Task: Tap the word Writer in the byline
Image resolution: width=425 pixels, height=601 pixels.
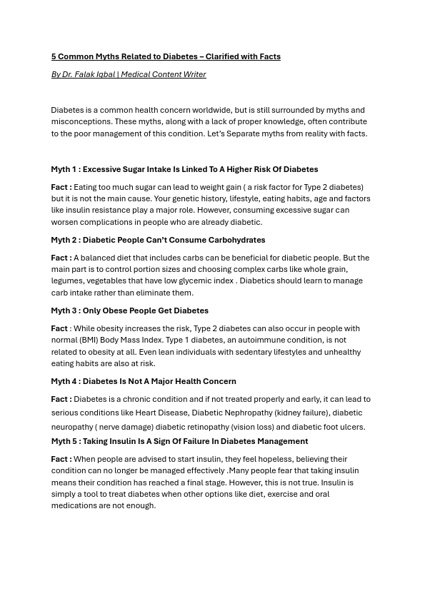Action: (195, 74)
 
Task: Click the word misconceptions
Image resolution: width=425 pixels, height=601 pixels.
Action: (81, 122)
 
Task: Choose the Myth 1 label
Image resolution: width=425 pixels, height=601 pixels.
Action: (64, 169)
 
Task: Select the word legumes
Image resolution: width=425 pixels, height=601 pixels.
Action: (66, 281)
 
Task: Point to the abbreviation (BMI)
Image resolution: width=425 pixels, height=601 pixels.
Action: (89, 340)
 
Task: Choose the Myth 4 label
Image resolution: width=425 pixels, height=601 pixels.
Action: (64, 381)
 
